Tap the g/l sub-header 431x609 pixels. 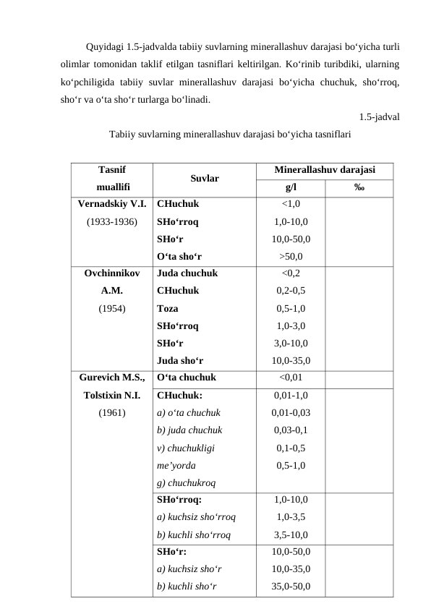290,187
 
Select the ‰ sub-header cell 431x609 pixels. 359,187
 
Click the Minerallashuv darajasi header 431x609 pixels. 325,169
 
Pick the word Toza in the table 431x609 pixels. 168,308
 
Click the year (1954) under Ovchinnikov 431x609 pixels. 112,308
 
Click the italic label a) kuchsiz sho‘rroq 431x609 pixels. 195,518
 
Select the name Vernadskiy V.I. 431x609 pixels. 112,204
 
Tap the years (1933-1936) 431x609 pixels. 112,221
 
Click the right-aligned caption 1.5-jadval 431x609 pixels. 380,117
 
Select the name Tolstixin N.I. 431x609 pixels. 112,396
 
